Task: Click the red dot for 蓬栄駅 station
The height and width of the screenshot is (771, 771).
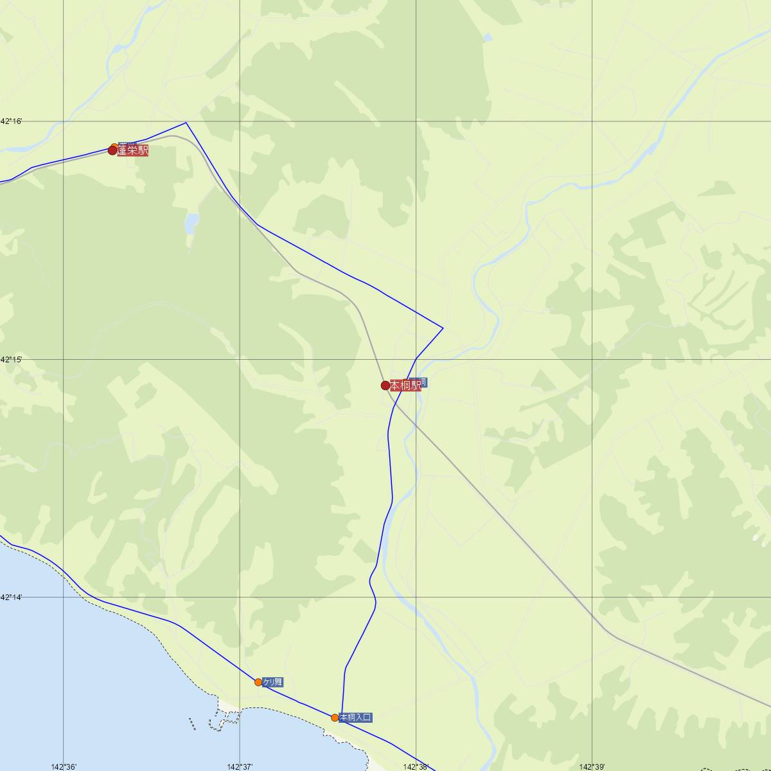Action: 112,150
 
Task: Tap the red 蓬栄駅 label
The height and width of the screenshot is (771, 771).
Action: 133,151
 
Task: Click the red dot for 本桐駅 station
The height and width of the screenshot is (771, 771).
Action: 385,385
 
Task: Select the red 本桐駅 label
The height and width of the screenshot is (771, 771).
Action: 405,385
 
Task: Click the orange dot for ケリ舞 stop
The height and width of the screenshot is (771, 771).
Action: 258,682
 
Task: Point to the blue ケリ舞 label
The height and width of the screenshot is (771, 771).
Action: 272,682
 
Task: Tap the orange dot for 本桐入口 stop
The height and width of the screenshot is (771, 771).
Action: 335,717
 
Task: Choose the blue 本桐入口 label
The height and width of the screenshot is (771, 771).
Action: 355,717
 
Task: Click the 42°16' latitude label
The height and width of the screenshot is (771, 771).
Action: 11,121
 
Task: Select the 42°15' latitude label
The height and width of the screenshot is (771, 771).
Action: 11,360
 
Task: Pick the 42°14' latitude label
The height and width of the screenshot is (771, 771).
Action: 11,598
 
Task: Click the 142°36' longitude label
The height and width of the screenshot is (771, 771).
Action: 64,767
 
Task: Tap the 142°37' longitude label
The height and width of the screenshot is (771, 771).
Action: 240,767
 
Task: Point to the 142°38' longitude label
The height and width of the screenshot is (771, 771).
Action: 415,767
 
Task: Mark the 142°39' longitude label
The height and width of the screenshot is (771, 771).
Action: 591,767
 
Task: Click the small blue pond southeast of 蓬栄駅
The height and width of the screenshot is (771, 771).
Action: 191,224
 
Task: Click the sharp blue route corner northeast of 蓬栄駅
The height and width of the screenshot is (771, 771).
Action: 186,122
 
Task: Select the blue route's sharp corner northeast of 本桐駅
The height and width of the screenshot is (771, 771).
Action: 443,328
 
